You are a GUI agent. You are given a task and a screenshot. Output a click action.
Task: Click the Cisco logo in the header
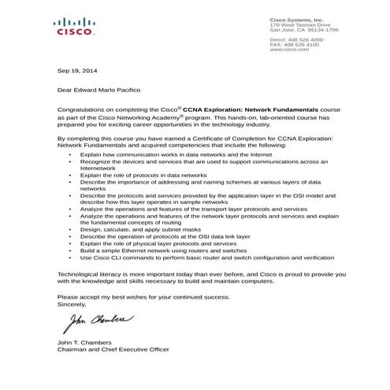(x=75, y=28)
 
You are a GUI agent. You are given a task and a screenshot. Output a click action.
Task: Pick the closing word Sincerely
(x=72, y=303)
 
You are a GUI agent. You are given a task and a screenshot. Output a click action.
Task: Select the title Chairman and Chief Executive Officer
(x=113, y=348)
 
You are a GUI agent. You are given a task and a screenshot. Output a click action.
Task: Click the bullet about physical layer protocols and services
(x=158, y=243)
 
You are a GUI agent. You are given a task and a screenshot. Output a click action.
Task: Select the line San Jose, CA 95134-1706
(x=303, y=30)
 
